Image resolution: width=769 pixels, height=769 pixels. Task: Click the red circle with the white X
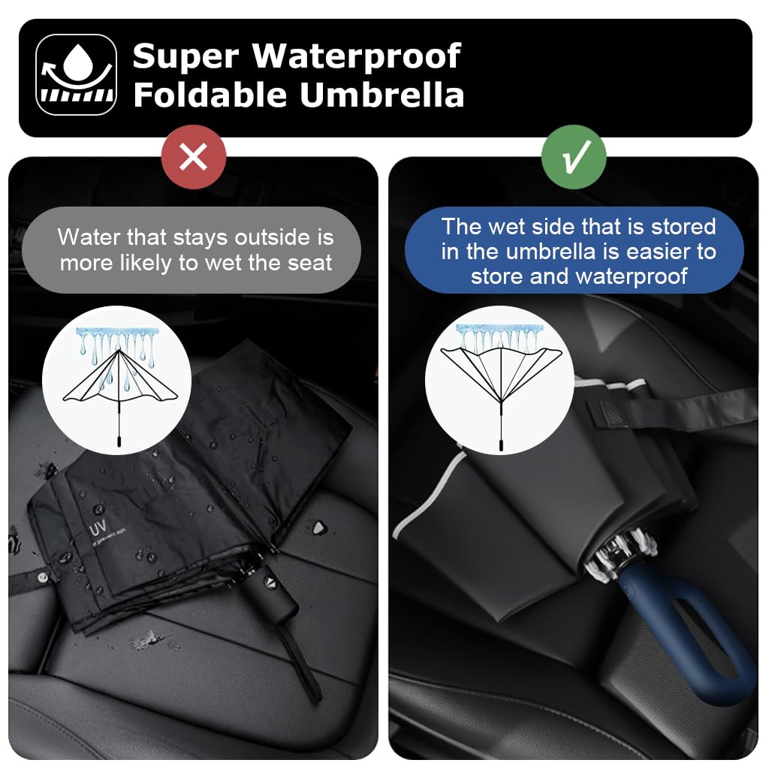click(194, 157)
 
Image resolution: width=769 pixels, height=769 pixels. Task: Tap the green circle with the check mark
click(574, 157)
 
